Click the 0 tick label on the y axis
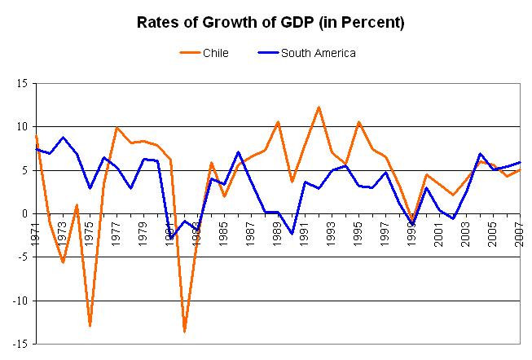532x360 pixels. click(x=24, y=213)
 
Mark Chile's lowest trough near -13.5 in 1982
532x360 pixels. click(x=184, y=331)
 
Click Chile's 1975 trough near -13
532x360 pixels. click(x=90, y=326)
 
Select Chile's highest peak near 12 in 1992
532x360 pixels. click(x=319, y=107)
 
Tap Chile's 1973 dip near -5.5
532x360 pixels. click(x=63, y=262)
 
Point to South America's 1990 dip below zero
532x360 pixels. click(x=292, y=234)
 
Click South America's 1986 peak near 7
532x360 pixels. click(x=238, y=152)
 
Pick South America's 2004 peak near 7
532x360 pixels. click(x=481, y=154)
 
